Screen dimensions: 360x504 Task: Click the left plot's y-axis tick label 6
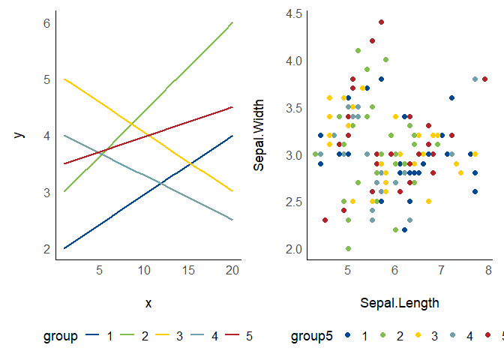46,23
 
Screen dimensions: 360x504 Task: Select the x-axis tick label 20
232,270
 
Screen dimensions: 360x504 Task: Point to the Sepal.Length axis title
399,303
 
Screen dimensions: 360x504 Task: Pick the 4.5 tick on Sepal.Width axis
293,13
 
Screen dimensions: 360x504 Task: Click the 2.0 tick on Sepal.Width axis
293,249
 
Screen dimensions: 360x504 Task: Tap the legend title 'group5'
311,337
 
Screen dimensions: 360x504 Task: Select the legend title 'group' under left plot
60,337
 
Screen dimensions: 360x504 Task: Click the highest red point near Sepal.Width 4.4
381,22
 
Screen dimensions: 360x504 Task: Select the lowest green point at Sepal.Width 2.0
348,248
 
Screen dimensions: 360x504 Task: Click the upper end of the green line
232,23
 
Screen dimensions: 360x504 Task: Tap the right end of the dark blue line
232,136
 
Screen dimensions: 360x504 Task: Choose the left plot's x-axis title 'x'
148,303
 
